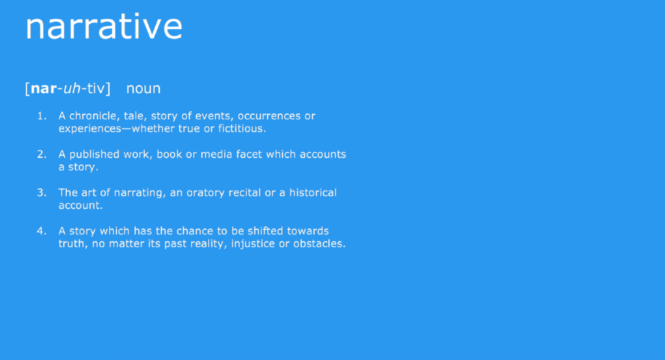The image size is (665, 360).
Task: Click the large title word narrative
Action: coord(104,27)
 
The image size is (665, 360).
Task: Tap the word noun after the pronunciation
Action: coord(144,88)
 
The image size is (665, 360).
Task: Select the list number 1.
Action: coord(41,116)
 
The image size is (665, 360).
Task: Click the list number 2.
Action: coord(41,154)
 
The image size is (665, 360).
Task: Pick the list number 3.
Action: coord(41,193)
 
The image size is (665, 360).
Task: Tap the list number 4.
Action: coord(41,231)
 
